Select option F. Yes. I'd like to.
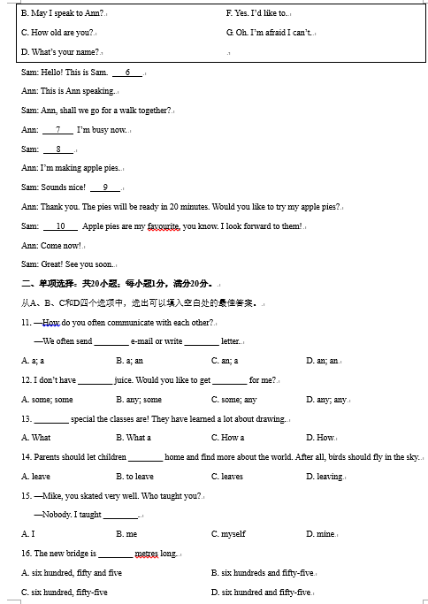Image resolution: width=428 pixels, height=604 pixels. [x=257, y=13]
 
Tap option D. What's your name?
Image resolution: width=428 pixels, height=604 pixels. [x=60, y=52]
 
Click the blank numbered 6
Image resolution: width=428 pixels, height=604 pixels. [x=127, y=72]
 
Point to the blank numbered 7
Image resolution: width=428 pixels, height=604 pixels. [x=57, y=130]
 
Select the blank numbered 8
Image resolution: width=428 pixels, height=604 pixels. [x=58, y=149]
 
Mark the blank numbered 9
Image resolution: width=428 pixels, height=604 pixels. [x=105, y=187]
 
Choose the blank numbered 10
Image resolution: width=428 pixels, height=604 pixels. [x=61, y=226]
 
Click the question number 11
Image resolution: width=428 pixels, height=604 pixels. [x=27, y=323]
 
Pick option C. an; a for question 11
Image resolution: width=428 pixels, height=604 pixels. [x=225, y=361]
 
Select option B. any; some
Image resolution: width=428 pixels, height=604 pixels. [x=139, y=400]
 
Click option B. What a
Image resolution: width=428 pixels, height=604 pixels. [x=134, y=438]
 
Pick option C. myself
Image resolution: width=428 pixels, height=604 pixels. [x=228, y=534]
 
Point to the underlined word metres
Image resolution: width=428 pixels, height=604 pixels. [x=146, y=554]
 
